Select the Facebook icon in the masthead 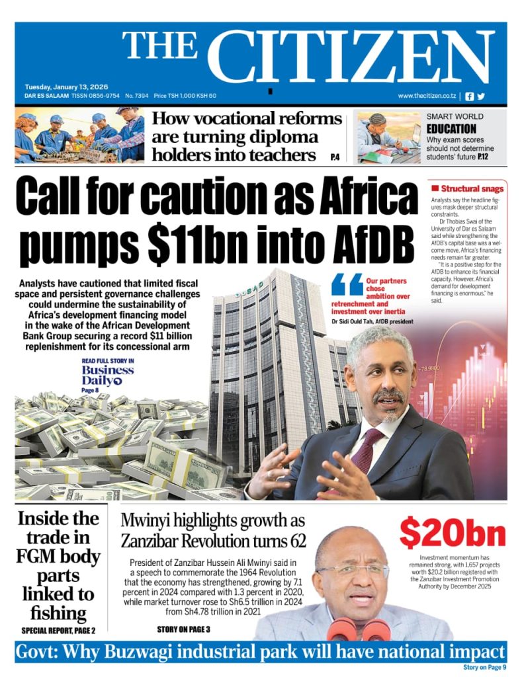470,96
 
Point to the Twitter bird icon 481,96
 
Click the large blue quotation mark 347,286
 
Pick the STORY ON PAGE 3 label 183,629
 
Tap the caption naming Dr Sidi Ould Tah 373,321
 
